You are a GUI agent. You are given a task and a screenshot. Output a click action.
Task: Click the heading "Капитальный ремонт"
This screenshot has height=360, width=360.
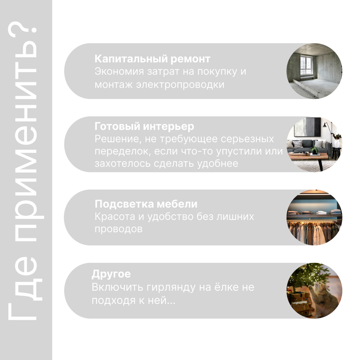point(152,59)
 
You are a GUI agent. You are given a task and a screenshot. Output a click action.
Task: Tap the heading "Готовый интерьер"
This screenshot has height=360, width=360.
point(144,126)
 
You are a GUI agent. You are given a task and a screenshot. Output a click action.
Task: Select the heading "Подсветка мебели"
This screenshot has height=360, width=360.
point(146,204)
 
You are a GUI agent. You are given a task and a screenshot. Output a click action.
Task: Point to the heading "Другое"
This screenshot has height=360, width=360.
point(111,274)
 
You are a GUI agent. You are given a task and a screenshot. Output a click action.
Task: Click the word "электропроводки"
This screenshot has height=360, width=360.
point(180,85)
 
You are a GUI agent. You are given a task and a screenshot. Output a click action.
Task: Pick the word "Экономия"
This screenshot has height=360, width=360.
point(119,71)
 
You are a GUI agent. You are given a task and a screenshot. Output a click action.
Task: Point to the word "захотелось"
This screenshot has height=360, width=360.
point(123,164)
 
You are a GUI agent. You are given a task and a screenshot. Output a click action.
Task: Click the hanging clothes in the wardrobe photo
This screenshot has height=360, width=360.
point(314,231)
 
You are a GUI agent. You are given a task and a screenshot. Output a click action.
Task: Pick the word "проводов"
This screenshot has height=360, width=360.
point(118,229)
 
